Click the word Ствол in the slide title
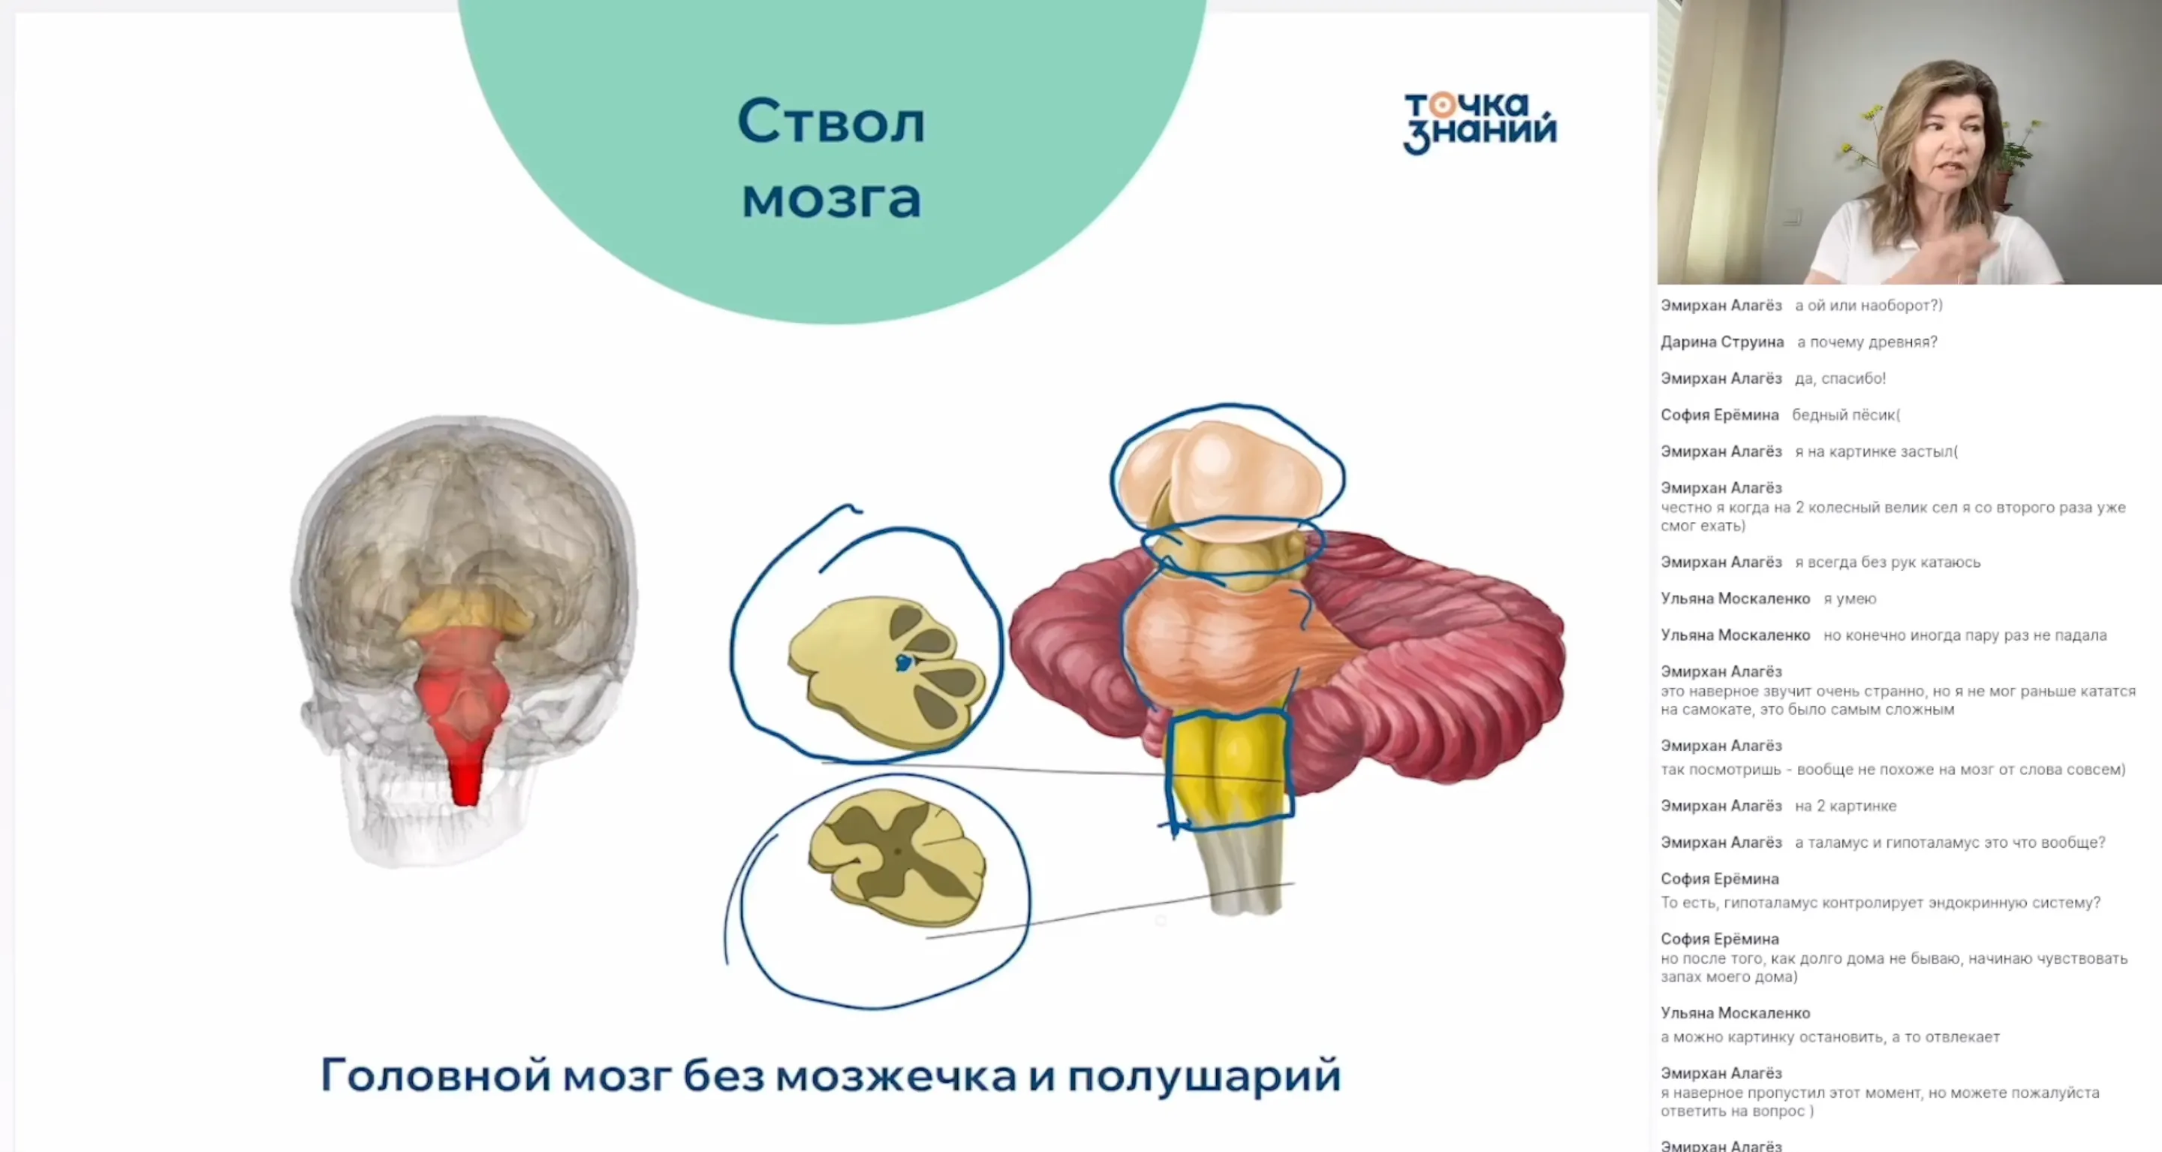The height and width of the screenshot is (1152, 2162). point(831,122)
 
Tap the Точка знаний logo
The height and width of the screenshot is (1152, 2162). point(1479,122)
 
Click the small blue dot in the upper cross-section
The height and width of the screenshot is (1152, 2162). point(903,663)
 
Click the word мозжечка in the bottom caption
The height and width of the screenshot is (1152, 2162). point(896,1075)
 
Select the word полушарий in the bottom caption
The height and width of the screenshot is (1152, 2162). point(1203,1075)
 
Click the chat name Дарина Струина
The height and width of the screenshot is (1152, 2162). point(1721,342)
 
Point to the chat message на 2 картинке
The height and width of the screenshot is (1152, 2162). point(1844,806)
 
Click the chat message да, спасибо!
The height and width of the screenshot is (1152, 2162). point(1840,378)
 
